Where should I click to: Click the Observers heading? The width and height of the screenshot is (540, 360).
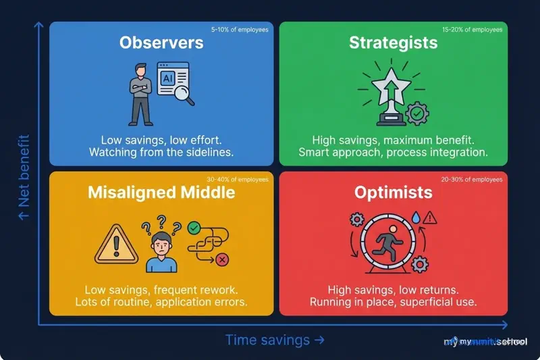161,43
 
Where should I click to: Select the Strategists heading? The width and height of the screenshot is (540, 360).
393,43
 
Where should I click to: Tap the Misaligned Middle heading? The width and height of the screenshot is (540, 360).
161,192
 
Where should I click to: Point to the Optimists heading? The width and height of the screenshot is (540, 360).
393,192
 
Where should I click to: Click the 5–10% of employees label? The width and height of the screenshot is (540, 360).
240,30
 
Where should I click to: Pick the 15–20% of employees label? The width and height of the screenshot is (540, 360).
473,30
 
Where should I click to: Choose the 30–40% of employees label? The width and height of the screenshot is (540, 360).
240,180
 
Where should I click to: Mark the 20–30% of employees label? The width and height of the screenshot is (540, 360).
473,180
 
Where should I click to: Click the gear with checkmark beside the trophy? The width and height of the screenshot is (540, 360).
417,114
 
